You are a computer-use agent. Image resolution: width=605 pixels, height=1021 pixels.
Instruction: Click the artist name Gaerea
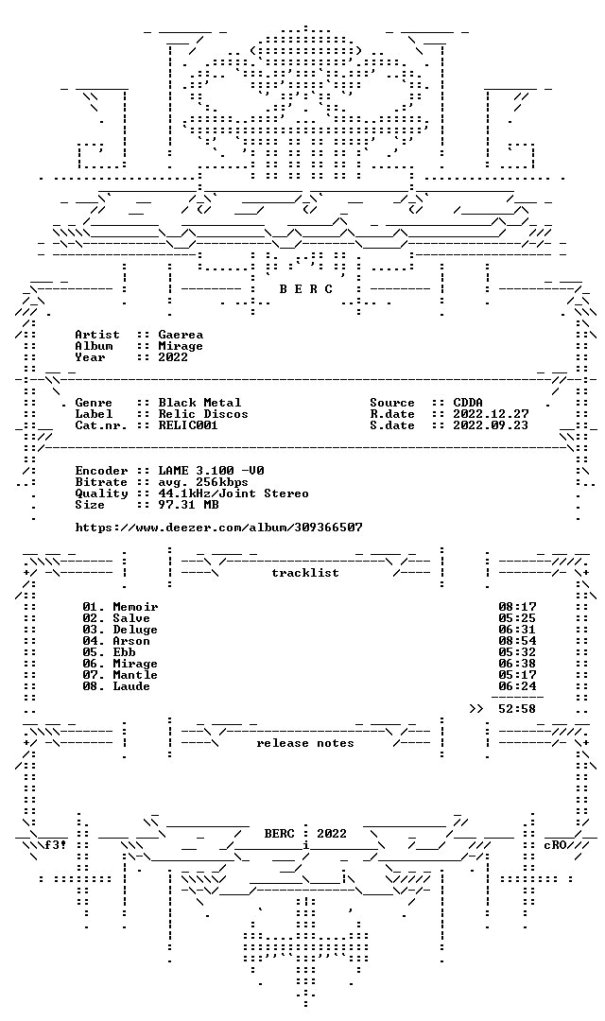point(181,335)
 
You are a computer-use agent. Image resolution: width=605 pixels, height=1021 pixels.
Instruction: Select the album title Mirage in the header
point(181,346)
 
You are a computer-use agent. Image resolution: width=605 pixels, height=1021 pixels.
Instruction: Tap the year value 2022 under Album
point(173,356)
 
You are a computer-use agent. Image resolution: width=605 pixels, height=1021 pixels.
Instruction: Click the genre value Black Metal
point(199,403)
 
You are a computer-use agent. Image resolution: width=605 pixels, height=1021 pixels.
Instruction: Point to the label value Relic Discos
point(203,414)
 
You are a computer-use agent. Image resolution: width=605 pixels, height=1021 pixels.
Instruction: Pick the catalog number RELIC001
point(188,425)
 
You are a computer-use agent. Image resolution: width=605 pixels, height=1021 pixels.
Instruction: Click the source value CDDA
point(468,403)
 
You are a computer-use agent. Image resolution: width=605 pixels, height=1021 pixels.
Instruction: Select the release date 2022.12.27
point(491,414)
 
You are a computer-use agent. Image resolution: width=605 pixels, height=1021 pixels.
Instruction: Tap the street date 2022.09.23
point(491,425)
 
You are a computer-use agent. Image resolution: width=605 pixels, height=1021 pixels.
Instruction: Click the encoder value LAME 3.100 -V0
point(211,471)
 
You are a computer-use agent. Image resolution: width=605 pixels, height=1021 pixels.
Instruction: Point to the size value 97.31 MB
point(188,505)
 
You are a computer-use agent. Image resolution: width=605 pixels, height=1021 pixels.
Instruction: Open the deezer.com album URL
point(218,528)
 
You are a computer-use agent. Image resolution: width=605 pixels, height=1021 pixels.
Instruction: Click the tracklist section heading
point(305,573)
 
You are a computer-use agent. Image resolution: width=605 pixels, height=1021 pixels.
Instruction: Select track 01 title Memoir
point(135,607)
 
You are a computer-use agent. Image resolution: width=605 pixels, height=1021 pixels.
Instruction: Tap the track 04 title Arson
point(131,641)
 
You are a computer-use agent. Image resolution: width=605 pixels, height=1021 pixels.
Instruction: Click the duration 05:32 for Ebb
point(518,652)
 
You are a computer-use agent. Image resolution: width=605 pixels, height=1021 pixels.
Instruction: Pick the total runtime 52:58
point(518,709)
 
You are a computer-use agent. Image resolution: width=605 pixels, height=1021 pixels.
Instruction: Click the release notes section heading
point(305,744)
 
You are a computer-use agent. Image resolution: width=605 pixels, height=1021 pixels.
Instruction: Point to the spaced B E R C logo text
point(305,289)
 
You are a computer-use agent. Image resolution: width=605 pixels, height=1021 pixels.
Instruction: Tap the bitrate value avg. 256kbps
point(203,482)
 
